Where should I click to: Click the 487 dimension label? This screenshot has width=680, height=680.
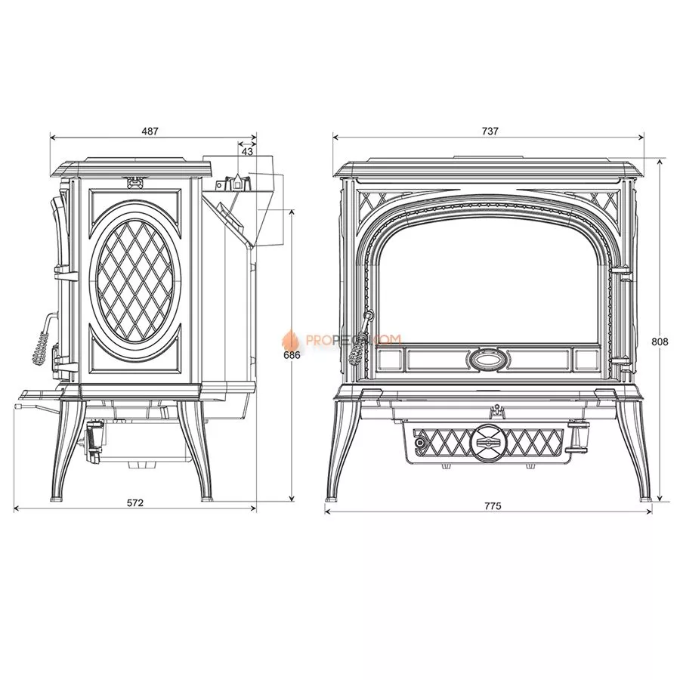pyautogui.click(x=150, y=131)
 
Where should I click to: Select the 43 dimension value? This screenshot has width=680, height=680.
pyautogui.click(x=247, y=152)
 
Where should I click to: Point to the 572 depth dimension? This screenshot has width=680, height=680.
pyautogui.click(x=134, y=502)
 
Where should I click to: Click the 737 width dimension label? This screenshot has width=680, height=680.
pyautogui.click(x=490, y=131)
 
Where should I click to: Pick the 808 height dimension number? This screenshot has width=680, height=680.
pyautogui.click(x=659, y=341)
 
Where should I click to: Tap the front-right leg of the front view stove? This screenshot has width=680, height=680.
pyautogui.click(x=642, y=453)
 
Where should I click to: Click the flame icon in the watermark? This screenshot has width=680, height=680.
pyautogui.click(x=288, y=340)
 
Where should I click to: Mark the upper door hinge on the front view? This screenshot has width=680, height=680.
pyautogui.click(x=620, y=270)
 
